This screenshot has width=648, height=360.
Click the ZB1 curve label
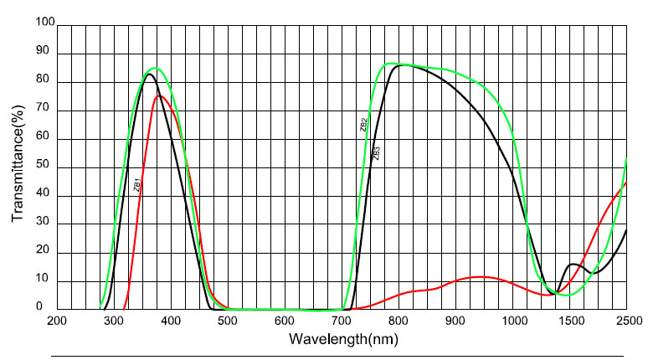136,185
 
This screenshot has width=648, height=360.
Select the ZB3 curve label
377,153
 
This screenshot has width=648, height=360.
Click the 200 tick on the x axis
57,321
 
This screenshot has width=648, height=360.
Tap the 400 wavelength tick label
171,321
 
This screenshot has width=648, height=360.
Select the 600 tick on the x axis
285,321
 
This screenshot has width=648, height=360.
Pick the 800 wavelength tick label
399,321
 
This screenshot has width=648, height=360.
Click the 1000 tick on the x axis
512,321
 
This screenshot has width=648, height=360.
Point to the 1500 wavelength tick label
569,321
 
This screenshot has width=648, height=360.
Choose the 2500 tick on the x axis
626,321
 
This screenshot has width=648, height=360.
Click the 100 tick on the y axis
42,26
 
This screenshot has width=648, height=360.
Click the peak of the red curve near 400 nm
159,95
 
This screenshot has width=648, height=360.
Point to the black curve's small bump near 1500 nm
574,265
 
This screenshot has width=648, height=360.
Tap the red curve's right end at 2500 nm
626,181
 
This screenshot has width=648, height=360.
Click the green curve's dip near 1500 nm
568,295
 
